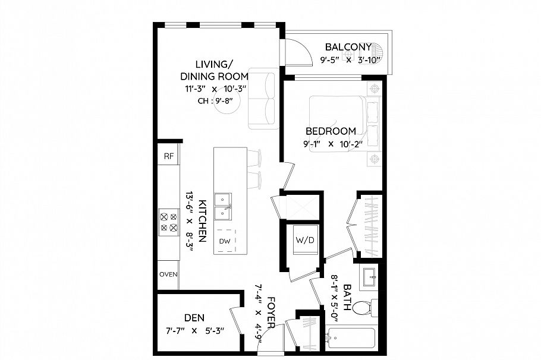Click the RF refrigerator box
pyautogui.click(x=169, y=156)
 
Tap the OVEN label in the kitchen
pyautogui.click(x=168, y=274)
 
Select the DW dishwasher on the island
pyautogui.click(x=225, y=241)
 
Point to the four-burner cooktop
pyautogui.click(x=168, y=222)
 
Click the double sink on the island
pyautogui.click(x=224, y=205)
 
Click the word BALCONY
pyautogui.click(x=348, y=47)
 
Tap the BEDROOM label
pyautogui.click(x=331, y=131)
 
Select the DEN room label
pyautogui.click(x=194, y=318)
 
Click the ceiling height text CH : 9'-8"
pyautogui.click(x=214, y=101)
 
